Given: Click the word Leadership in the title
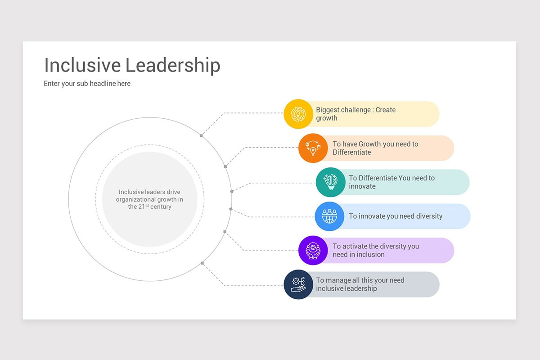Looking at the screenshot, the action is (173, 65).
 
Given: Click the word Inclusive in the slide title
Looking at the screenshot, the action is (82, 65).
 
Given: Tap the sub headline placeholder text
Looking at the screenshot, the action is (87, 83).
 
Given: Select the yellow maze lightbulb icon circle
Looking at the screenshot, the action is (298, 114).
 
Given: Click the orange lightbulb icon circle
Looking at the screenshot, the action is (313, 148).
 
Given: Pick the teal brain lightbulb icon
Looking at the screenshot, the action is (330, 182).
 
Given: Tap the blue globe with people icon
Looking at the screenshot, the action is (329, 216).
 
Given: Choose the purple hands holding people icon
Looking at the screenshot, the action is (313, 250).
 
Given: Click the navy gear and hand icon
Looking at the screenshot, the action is (298, 284).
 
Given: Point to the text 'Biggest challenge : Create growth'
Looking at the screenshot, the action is (355, 114).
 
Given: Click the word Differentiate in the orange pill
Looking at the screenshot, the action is (352, 153).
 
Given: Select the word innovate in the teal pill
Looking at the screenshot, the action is (362, 186).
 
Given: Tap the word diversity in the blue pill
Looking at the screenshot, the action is (429, 216).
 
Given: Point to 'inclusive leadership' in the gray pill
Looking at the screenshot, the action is (346, 288).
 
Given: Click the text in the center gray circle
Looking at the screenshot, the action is (149, 199).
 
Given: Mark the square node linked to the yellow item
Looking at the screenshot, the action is (201, 136).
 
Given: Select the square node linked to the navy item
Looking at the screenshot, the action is (202, 263).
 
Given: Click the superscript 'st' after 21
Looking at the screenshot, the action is (147, 206).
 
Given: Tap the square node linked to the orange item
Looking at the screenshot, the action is (225, 166).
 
